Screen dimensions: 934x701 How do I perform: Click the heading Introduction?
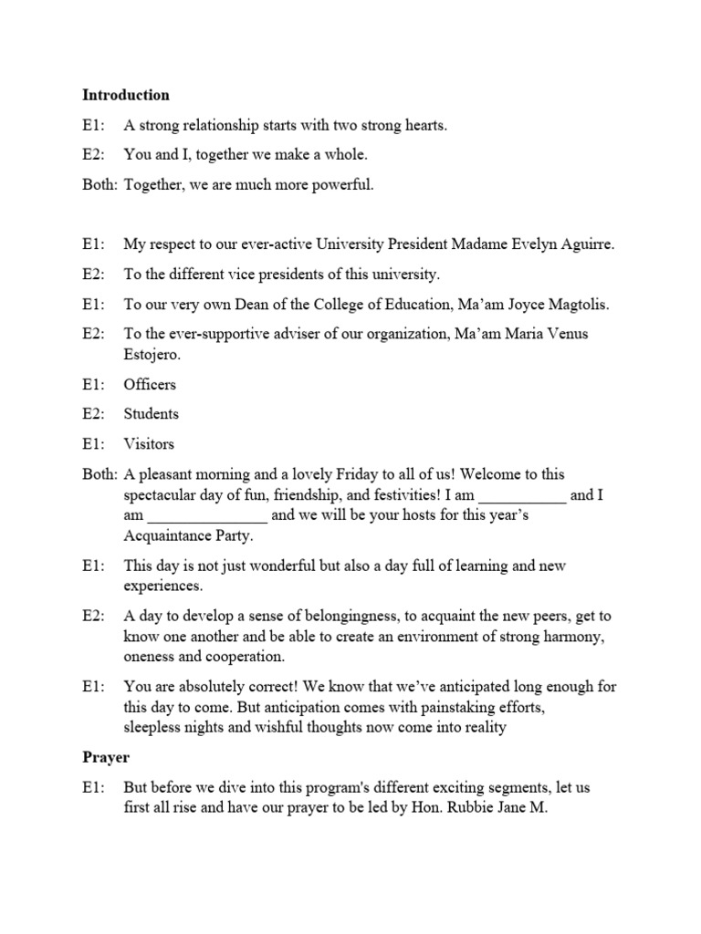click(x=126, y=95)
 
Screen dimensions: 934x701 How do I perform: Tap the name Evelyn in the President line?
click(x=522, y=244)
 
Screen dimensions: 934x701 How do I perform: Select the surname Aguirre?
click(x=584, y=244)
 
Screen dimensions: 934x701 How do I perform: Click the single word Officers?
click(x=151, y=384)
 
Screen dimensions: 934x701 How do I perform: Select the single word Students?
click(x=152, y=414)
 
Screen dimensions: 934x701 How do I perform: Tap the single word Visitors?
click(x=149, y=444)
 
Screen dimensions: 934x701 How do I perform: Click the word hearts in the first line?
click(x=424, y=125)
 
